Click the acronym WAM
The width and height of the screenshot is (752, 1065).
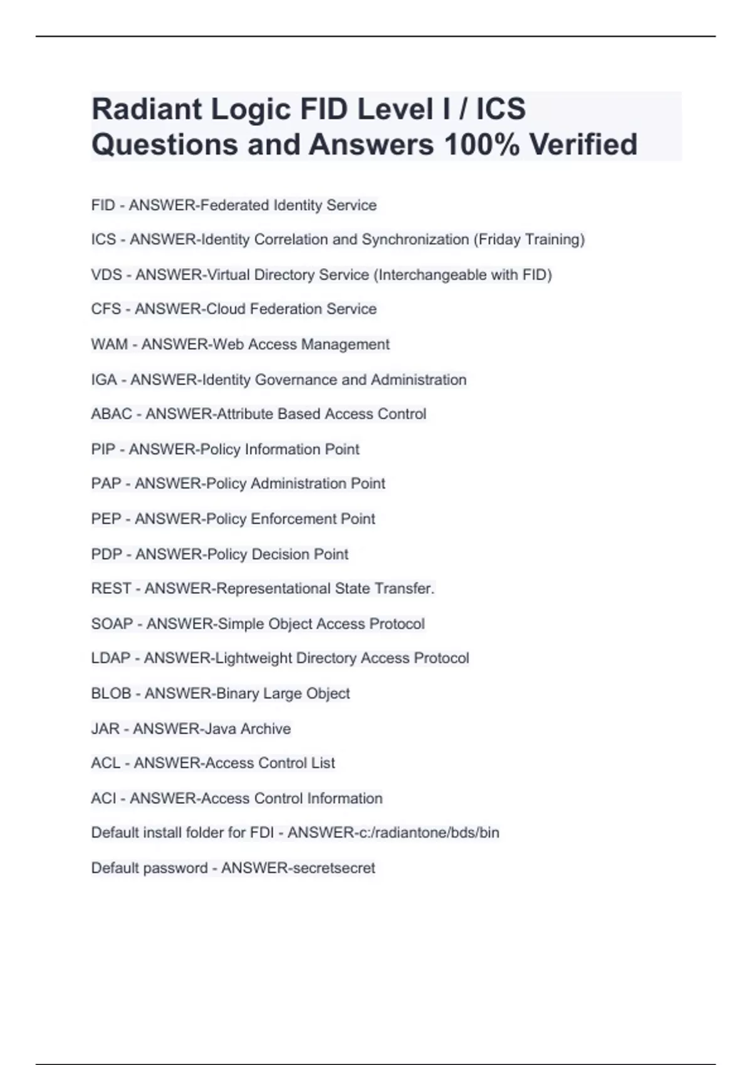[x=109, y=345]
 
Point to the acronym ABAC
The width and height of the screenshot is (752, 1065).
[x=112, y=414]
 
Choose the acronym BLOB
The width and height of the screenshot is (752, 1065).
[x=111, y=694]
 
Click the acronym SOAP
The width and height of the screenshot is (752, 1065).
[x=112, y=624]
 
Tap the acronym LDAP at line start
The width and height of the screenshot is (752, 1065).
[x=111, y=658]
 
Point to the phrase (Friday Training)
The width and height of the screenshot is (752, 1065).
[x=529, y=240]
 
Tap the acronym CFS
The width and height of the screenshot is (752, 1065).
[x=106, y=309]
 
